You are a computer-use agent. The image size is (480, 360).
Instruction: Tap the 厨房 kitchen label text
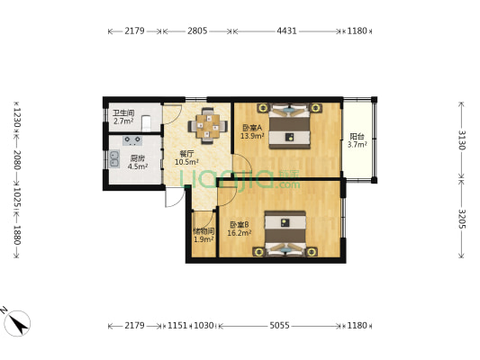point(136,157)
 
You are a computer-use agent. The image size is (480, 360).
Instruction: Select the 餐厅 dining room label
point(186,153)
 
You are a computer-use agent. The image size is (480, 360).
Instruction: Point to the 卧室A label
point(252,127)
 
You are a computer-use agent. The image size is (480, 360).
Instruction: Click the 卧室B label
point(239,224)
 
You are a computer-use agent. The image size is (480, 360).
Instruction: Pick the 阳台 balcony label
point(356,137)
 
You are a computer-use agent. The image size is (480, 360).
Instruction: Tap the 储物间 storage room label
point(204,231)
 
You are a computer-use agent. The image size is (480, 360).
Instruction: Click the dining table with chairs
point(208,125)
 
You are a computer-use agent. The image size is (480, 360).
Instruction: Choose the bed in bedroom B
point(285,233)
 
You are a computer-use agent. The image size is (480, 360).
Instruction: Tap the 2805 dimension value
point(198,31)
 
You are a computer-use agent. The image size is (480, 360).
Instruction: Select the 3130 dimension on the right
point(461,139)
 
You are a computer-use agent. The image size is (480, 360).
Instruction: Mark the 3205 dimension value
point(461,220)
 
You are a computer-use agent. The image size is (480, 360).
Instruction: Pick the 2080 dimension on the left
point(16,164)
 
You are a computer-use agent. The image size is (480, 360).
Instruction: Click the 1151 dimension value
point(177,325)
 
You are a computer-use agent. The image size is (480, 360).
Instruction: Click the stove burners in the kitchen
point(132,139)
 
